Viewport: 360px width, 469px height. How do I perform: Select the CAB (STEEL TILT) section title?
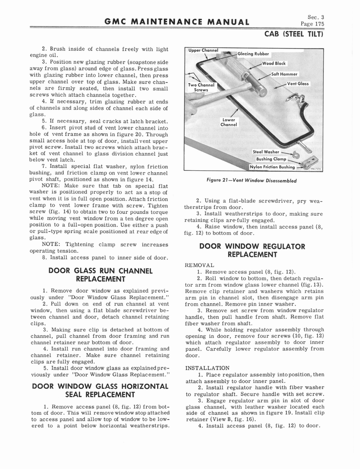(294, 34)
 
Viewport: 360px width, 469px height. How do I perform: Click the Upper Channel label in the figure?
(203, 50)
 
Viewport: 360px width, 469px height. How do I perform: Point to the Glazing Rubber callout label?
(253, 54)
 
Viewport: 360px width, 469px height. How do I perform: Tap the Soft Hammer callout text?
(284, 74)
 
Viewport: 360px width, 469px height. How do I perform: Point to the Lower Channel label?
(228, 122)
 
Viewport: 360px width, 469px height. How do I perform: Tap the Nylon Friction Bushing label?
(272, 167)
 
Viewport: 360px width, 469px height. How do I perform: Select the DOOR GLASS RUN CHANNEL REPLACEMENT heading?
(100, 275)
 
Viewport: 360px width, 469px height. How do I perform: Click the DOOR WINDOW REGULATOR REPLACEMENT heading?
(252, 250)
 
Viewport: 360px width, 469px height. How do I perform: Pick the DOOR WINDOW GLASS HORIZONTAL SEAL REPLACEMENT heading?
(100, 390)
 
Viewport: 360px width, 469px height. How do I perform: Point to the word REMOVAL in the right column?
(199, 265)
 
